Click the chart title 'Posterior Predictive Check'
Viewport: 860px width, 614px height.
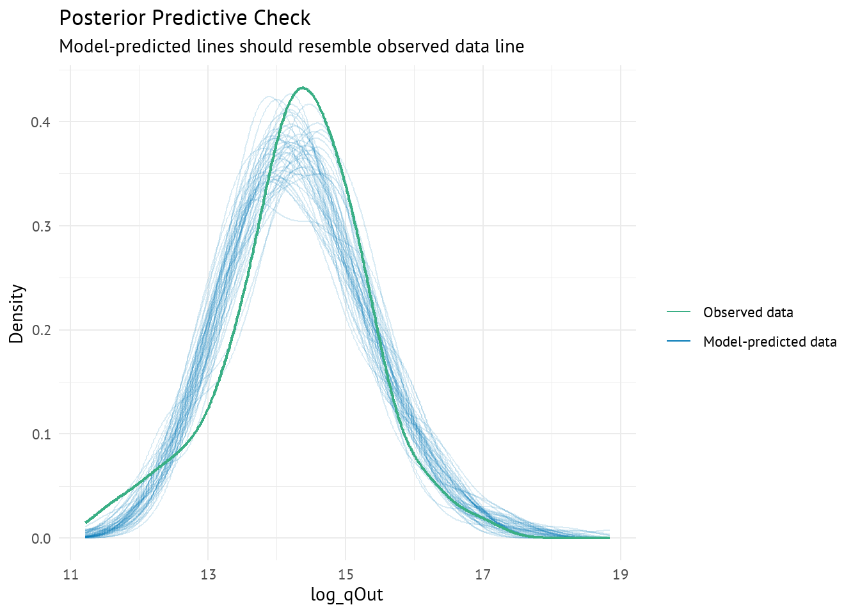(x=184, y=18)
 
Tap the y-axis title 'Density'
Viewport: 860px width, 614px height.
(x=17, y=314)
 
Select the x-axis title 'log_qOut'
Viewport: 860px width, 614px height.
(x=347, y=595)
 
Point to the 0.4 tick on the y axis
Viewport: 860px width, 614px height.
(x=41, y=122)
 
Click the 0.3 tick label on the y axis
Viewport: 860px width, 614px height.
(x=41, y=226)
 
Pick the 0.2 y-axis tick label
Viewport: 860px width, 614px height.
(x=41, y=331)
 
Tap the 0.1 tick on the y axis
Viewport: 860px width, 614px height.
(x=41, y=434)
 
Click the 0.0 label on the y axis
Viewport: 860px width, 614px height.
(x=41, y=539)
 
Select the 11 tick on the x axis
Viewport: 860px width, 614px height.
(x=71, y=574)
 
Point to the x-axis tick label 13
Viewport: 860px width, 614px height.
(x=208, y=574)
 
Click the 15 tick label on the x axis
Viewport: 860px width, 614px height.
(x=346, y=574)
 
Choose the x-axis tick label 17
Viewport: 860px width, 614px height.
(x=482, y=574)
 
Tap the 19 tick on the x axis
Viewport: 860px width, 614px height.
(x=619, y=574)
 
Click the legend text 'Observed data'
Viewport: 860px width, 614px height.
(x=748, y=313)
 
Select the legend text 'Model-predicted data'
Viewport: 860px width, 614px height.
(x=770, y=342)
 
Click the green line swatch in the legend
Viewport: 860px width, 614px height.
(x=678, y=312)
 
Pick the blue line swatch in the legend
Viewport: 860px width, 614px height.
(x=678, y=342)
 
